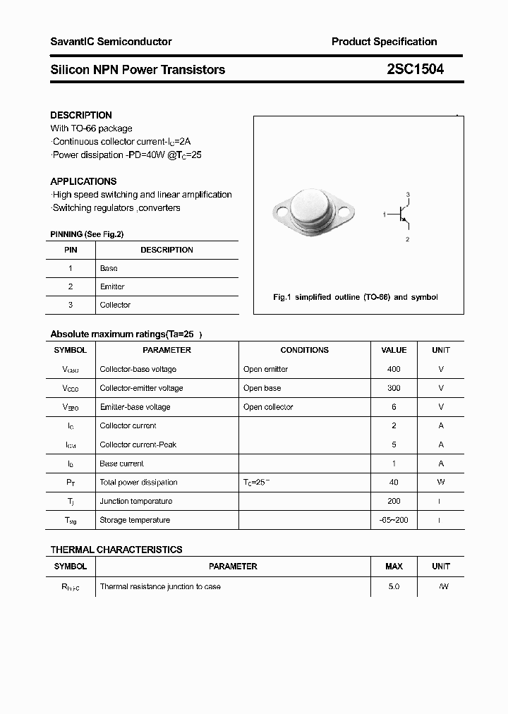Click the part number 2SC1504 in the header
pyautogui.click(x=415, y=69)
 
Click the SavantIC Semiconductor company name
pyautogui.click(x=111, y=42)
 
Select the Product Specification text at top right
pyautogui.click(x=384, y=42)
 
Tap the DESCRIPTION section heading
pyautogui.click(x=81, y=115)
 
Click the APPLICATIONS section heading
pyautogui.click(x=83, y=181)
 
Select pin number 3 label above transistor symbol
pyautogui.click(x=408, y=194)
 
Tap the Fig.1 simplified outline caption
pyautogui.click(x=355, y=297)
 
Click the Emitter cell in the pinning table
pyautogui.click(x=112, y=286)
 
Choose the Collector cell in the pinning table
pyautogui.click(x=115, y=305)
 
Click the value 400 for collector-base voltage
pyautogui.click(x=394, y=369)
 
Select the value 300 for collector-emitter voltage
pyautogui.click(x=394, y=388)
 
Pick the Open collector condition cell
pyautogui.click(x=268, y=407)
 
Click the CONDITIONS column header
pyautogui.click(x=304, y=350)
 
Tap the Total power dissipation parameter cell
pyautogui.click(x=138, y=483)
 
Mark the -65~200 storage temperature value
pyautogui.click(x=394, y=520)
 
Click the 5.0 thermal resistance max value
pyautogui.click(x=394, y=586)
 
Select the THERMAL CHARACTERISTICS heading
pyautogui.click(x=116, y=550)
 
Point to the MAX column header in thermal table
pyautogui.click(x=394, y=566)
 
